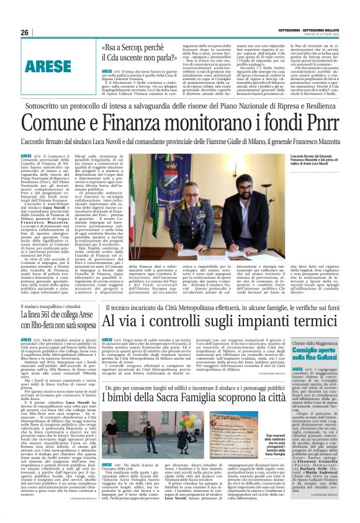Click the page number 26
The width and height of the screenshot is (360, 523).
[x=25, y=32]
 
